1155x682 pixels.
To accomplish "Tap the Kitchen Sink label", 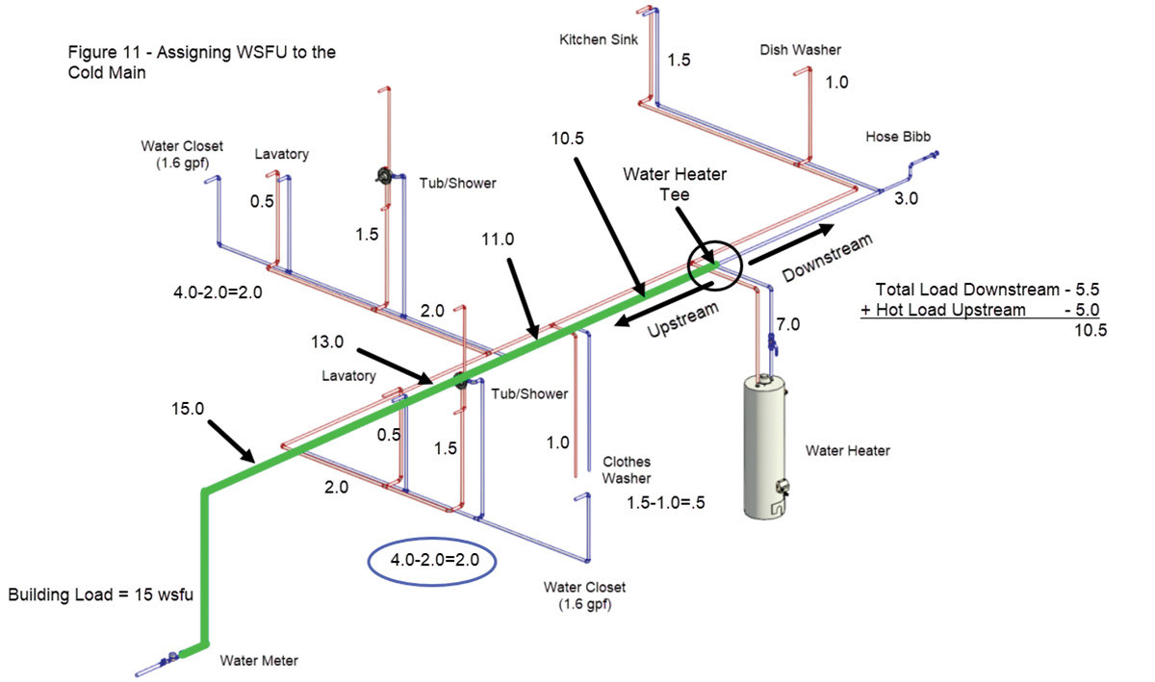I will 595,40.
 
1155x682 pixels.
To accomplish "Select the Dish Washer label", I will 800,50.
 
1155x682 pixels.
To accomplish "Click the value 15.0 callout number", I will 187,408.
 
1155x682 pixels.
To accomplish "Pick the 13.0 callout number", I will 329,341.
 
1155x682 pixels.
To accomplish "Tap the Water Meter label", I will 259,661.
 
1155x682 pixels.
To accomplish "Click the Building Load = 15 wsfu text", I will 101,595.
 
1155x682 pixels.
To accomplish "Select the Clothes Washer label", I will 627,469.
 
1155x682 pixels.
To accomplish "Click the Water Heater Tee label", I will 675,183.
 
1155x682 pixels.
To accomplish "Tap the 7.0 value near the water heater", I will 787,325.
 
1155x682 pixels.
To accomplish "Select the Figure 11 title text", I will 203,62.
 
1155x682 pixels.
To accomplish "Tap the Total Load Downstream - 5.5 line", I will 988,289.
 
